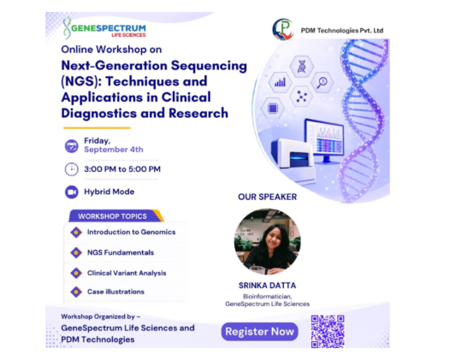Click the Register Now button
pos(260,332)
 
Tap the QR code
pos(328,332)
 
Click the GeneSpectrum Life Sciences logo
pos(104,28)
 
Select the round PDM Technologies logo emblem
pos(283,29)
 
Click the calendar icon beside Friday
pos(72,146)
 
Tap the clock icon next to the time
pos(72,169)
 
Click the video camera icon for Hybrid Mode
pos(72,192)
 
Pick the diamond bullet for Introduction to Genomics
pos(76,232)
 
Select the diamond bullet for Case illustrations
pos(76,292)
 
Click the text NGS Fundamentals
pos(121,252)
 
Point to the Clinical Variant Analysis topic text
pos(127,273)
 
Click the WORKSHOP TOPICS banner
pos(116,215)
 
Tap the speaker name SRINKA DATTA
pos(267,286)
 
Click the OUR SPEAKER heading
pos(267,197)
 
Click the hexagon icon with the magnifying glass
pos(323,82)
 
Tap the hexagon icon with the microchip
pos(273,109)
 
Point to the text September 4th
pos(114,150)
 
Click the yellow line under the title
pos(97,128)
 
